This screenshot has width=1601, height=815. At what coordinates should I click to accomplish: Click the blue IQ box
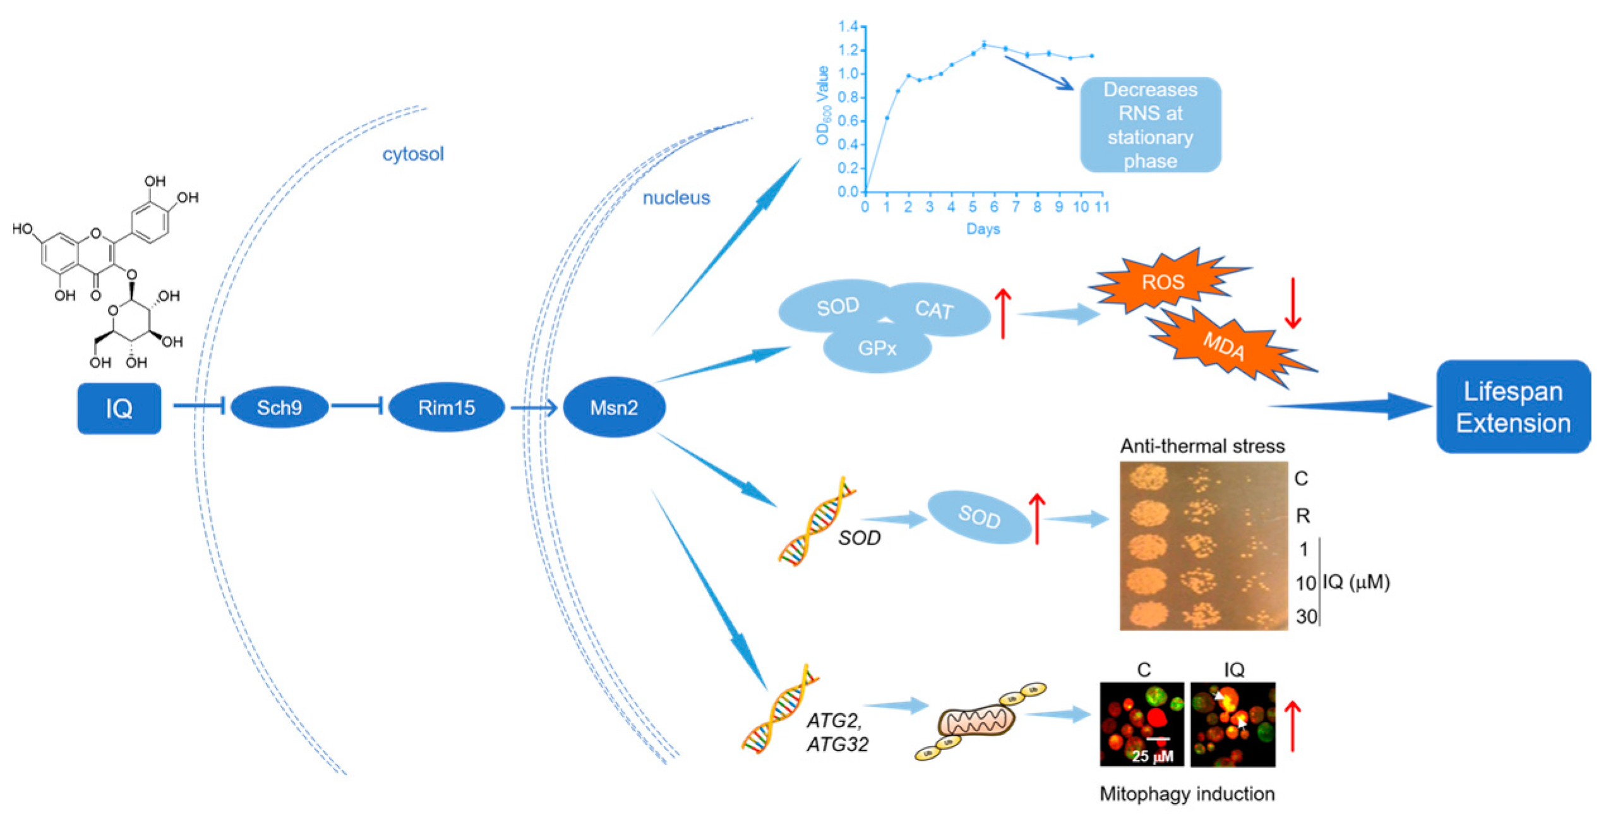click(x=119, y=408)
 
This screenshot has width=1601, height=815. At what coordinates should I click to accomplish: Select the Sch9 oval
click(x=279, y=407)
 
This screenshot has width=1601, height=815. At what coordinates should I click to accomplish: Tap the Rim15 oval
click(x=446, y=407)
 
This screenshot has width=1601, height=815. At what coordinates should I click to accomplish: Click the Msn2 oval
click(x=614, y=407)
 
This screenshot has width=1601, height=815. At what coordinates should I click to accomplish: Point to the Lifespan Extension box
click(x=1513, y=407)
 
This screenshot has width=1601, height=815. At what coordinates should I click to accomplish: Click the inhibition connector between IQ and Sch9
click(x=199, y=406)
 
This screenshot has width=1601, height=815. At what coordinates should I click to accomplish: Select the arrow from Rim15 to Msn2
click(x=532, y=407)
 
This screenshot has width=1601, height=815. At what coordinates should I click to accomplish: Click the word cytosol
click(x=413, y=154)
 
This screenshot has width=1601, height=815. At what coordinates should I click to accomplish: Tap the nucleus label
click(x=676, y=198)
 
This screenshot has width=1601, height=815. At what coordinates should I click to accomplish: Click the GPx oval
click(x=877, y=349)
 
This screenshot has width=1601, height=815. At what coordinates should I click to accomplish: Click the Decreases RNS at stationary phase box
click(x=1150, y=125)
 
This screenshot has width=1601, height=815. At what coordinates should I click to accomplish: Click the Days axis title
click(x=983, y=229)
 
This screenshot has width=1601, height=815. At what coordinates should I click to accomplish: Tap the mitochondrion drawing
click(x=976, y=721)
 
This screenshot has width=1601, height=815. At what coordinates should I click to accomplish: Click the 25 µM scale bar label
click(x=1153, y=756)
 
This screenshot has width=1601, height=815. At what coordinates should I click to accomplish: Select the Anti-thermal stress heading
click(x=1202, y=446)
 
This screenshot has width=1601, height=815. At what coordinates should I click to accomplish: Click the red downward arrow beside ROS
click(x=1293, y=303)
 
